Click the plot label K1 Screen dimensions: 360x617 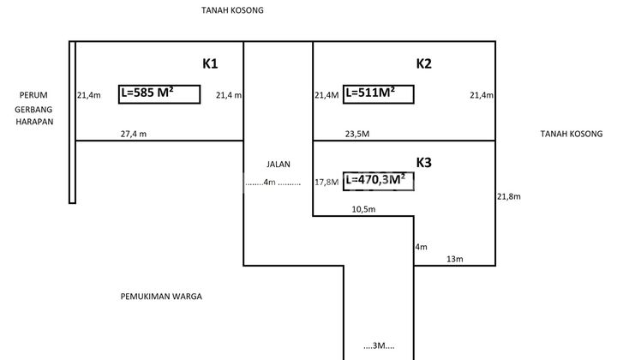[211, 63]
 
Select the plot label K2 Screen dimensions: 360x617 [424, 63]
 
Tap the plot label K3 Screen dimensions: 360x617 [424, 162]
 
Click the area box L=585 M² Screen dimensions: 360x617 [159, 93]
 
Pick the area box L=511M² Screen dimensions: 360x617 [378, 93]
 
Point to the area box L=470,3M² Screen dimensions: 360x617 [378, 180]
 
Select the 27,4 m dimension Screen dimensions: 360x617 [133, 134]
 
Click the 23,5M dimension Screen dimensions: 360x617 [356, 134]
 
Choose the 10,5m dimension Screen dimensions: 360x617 [363, 209]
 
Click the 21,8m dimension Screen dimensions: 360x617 [509, 196]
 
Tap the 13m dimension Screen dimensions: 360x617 [454, 259]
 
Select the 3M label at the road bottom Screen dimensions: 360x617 [378, 345]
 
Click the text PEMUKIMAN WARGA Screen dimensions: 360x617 [162, 297]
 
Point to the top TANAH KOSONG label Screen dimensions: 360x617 [232, 10]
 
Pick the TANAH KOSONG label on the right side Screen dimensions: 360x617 [572, 134]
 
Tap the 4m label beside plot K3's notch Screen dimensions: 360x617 [420, 247]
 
